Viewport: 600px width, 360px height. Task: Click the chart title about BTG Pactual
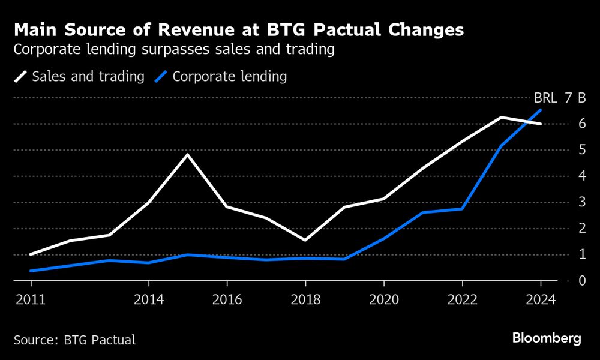tap(238, 31)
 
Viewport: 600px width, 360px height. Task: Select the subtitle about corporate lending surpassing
tap(173, 50)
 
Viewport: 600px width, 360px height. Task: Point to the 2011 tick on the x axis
tap(30, 299)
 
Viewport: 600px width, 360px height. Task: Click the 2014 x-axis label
tap(148, 299)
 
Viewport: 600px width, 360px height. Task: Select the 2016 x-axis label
tap(227, 299)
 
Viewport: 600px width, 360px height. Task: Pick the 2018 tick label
tap(305, 299)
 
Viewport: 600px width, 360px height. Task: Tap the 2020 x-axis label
tap(384, 299)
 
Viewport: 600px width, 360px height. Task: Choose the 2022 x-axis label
tap(462, 299)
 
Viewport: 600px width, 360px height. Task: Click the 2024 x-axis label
tap(541, 299)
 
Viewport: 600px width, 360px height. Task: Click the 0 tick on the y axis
tap(581, 281)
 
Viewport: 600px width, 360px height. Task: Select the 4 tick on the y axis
tap(581, 176)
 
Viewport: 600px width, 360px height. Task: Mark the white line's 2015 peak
tap(188, 155)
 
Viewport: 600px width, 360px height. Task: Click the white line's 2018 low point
tap(305, 240)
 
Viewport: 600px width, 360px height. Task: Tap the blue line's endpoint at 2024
tap(541, 110)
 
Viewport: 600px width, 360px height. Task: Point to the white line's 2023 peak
tap(502, 118)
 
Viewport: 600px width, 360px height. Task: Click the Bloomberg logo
tap(547, 338)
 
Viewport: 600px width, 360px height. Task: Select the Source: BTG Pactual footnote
tap(74, 340)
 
